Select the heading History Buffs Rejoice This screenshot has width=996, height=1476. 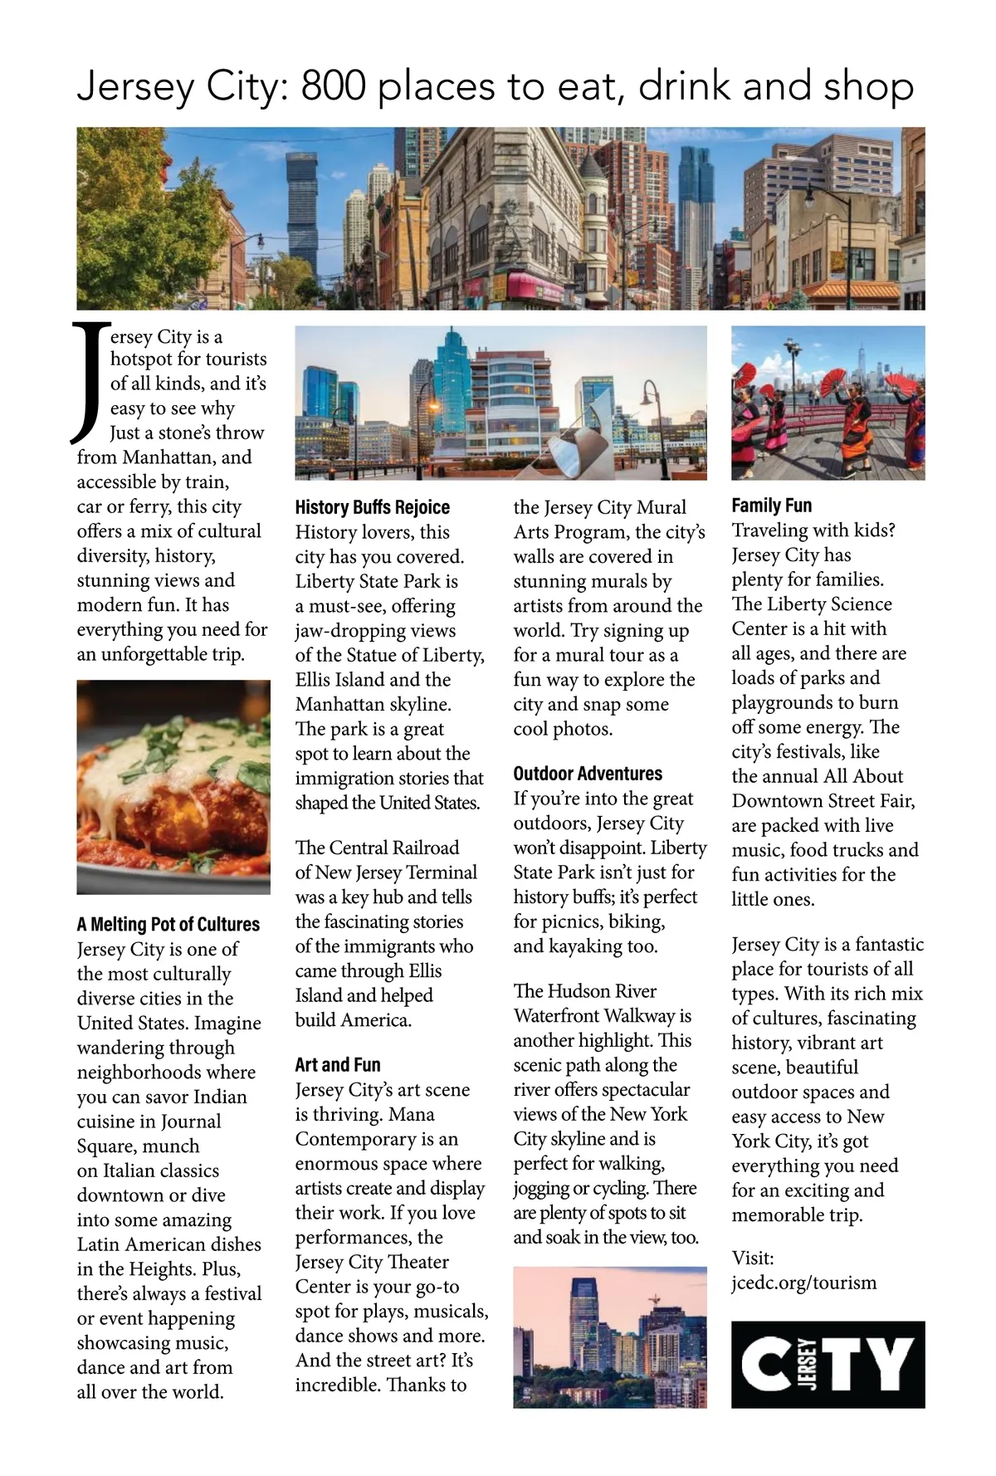pos(372,507)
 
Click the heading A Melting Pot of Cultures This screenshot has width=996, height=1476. pos(168,924)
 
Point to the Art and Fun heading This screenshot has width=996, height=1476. pos(338,1064)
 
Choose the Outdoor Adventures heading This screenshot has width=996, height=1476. pos(588,774)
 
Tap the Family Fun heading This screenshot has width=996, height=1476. pos(772,505)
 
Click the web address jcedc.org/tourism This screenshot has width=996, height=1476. pos(803,1283)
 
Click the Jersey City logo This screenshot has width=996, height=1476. pos(828,1364)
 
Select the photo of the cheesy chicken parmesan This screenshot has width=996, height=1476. pos(173,786)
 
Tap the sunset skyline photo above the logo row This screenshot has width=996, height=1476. pos(610,1337)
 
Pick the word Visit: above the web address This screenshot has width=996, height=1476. pos(752,1258)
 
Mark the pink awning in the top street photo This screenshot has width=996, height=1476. pos(535,287)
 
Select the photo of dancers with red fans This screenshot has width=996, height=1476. pos(828,403)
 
